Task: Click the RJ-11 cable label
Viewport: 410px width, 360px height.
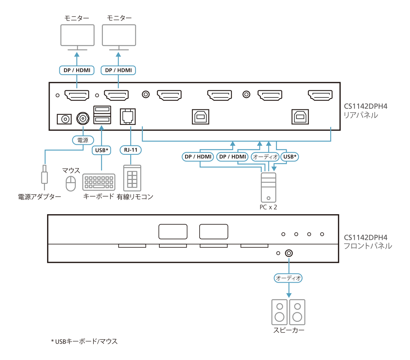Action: pyautogui.click(x=130, y=150)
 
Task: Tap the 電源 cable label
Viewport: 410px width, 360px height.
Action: pyautogui.click(x=83, y=140)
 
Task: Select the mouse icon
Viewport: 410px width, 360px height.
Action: pyautogui.click(x=71, y=183)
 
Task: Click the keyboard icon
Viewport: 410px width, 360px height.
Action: pyautogui.click(x=99, y=182)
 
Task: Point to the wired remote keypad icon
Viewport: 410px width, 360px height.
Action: pyautogui.click(x=132, y=178)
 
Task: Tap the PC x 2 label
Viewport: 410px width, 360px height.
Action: pyautogui.click(x=268, y=207)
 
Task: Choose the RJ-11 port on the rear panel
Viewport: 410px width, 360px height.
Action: pyautogui.click(x=128, y=117)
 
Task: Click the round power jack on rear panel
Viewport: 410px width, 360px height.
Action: pyautogui.click(x=83, y=118)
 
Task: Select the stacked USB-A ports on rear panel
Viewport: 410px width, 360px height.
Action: pyautogui.click(x=102, y=115)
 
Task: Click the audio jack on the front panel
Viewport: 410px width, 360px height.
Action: pyautogui.click(x=288, y=253)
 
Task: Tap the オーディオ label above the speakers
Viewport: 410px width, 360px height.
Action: pyautogui.click(x=288, y=278)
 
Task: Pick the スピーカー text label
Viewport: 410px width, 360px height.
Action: pyautogui.click(x=288, y=330)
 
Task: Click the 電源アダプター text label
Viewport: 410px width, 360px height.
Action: pyautogui.click(x=40, y=197)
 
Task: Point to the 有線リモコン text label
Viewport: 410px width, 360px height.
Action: pyautogui.click(x=135, y=197)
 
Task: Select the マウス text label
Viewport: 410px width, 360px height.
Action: pyautogui.click(x=71, y=170)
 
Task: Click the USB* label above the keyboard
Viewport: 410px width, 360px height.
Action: pyautogui.click(x=102, y=150)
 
